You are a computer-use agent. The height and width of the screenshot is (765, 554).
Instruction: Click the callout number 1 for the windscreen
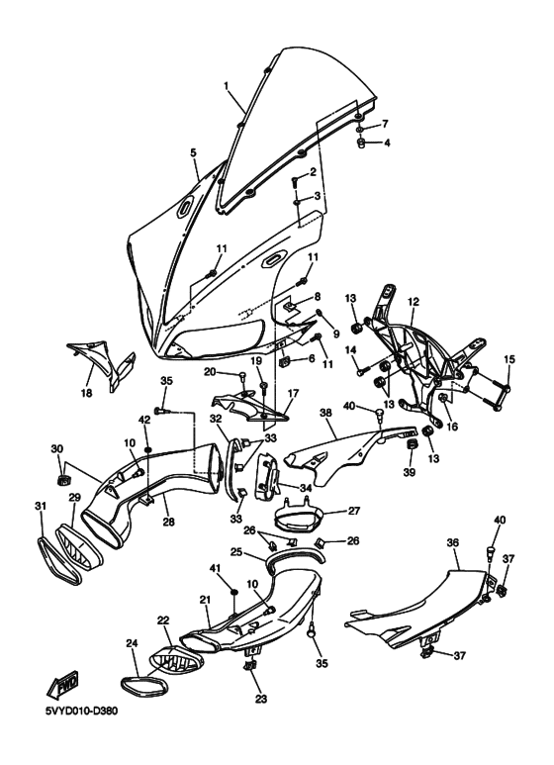[x=228, y=86]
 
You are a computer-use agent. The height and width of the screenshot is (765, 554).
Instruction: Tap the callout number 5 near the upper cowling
[x=194, y=152]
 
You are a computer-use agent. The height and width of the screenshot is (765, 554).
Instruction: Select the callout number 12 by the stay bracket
[x=414, y=301]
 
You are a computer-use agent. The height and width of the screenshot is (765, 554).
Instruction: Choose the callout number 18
[x=86, y=393]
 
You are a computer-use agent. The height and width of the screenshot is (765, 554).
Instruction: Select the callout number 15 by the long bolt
[x=510, y=358]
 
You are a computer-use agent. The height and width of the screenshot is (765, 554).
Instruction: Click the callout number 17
[x=293, y=393]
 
